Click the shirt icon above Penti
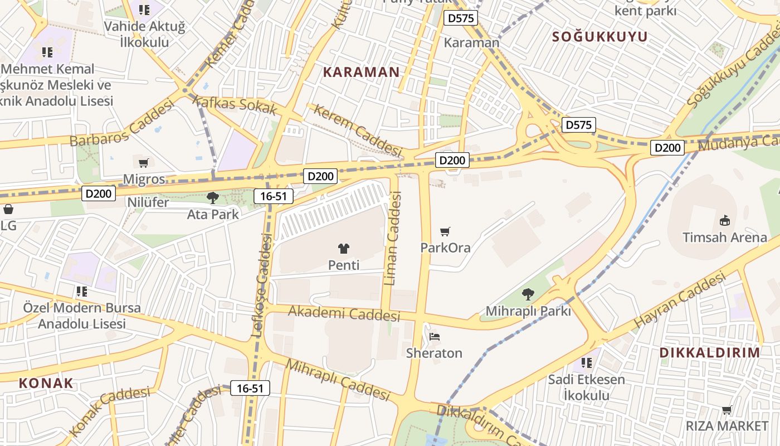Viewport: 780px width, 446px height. pyautogui.click(x=344, y=249)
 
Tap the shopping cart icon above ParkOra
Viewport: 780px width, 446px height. pyautogui.click(x=445, y=231)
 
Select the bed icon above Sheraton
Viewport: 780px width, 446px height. pyautogui.click(x=435, y=337)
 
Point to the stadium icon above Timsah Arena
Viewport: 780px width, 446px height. pyautogui.click(x=725, y=221)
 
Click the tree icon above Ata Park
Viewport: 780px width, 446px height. pyautogui.click(x=212, y=198)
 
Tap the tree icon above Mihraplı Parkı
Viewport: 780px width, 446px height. pyautogui.click(x=528, y=294)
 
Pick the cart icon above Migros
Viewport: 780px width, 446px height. pyautogui.click(x=144, y=163)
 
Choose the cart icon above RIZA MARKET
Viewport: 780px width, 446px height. pyautogui.click(x=727, y=410)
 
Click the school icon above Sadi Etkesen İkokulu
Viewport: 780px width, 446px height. pyautogui.click(x=586, y=363)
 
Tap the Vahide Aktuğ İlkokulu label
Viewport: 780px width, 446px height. pyautogui.click(x=144, y=33)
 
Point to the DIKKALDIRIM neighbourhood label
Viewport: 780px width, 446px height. pyautogui.click(x=709, y=352)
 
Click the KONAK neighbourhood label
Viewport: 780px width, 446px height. pyautogui.click(x=46, y=383)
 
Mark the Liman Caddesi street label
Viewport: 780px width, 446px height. pyautogui.click(x=393, y=239)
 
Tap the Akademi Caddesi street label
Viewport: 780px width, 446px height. pyautogui.click(x=344, y=313)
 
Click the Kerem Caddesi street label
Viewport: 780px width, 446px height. pyautogui.click(x=357, y=130)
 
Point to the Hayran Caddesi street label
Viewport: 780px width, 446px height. pyautogui.click(x=680, y=299)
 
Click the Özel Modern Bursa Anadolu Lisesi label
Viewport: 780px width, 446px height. pyautogui.click(x=82, y=316)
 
